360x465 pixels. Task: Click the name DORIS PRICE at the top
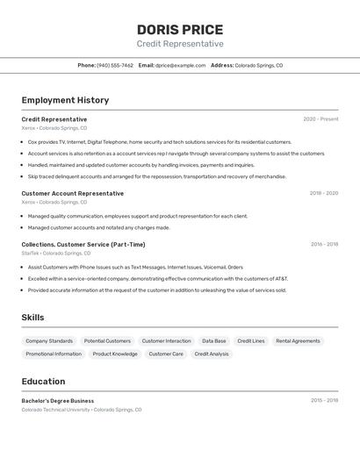point(180,29)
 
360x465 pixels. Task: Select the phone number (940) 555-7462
point(115,65)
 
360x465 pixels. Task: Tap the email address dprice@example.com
point(180,65)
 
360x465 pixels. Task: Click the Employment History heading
point(65,100)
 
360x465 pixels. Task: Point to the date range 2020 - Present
point(320,118)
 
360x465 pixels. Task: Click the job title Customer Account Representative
point(73,193)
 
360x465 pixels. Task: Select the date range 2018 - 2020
point(323,193)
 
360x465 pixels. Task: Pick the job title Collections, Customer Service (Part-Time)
point(83,244)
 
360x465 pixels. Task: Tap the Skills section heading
point(32,318)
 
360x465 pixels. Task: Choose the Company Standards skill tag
point(49,340)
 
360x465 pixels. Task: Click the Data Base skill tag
point(213,340)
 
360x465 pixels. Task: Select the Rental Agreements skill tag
point(298,340)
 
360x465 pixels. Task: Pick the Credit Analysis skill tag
point(211,354)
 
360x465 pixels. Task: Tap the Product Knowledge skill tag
point(115,354)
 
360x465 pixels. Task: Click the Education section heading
point(43,382)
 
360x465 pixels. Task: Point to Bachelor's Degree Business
point(57,400)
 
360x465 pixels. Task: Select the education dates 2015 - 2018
point(324,400)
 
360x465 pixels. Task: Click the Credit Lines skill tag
point(250,340)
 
